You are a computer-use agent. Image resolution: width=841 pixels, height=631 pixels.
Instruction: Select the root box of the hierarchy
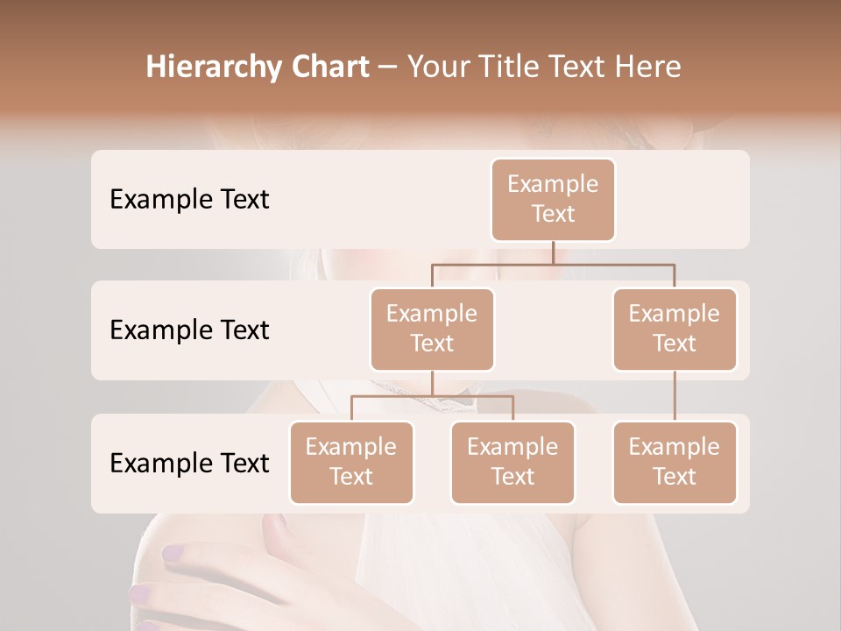[553, 199]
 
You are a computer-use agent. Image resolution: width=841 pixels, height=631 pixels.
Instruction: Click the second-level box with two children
[432, 329]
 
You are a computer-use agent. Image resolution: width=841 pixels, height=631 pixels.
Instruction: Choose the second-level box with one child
[675, 329]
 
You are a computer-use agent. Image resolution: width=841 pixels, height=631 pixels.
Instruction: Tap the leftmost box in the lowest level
[351, 462]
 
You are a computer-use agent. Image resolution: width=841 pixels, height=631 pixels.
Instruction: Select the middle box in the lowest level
[512, 462]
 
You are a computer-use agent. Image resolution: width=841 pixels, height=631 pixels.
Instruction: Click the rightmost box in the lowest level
[675, 462]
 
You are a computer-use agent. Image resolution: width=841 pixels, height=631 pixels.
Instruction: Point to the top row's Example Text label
[189, 200]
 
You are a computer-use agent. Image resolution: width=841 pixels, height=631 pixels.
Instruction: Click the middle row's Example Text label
[189, 330]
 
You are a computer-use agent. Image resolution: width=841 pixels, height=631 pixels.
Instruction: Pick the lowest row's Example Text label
[189, 463]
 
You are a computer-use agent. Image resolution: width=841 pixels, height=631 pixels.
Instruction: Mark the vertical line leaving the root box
[553, 252]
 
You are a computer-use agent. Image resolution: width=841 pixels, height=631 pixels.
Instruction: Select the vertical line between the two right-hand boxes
[675, 396]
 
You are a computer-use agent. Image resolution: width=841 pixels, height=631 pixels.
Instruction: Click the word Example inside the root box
[553, 184]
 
